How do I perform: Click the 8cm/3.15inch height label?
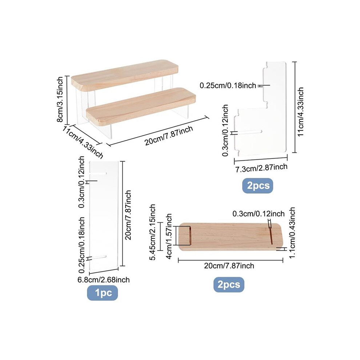(60, 99)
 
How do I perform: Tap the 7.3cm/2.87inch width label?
(261, 168)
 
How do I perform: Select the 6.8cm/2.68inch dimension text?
(104, 280)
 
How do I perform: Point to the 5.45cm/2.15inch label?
(152, 232)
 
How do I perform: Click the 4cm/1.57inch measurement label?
(169, 236)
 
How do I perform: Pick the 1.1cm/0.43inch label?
(292, 232)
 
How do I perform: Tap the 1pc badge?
(103, 293)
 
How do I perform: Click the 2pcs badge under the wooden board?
(229, 284)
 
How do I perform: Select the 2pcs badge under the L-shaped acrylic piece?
(258, 185)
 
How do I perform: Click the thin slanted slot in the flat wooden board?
(270, 234)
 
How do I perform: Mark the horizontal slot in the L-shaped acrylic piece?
(249, 132)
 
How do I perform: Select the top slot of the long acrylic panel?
(98, 173)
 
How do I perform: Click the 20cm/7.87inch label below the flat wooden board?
(229, 266)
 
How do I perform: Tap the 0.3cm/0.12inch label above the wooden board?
(259, 214)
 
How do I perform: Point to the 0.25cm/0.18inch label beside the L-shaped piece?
(228, 86)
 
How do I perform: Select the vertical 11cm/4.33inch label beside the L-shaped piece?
(300, 112)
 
